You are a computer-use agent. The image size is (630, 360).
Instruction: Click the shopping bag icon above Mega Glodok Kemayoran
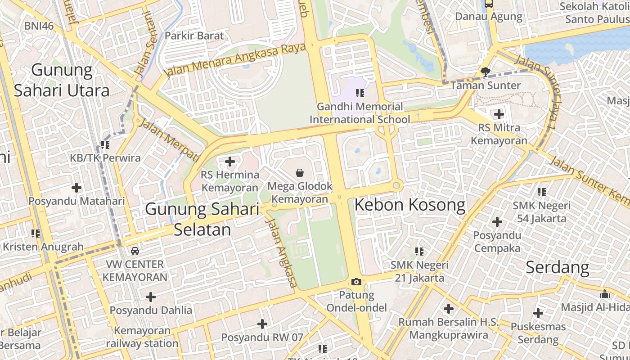(300, 172)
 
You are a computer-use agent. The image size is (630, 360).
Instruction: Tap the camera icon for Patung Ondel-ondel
(356, 282)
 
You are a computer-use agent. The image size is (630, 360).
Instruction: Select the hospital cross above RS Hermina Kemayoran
(230, 161)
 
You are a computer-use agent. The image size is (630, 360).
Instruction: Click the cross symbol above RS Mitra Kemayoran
(499, 114)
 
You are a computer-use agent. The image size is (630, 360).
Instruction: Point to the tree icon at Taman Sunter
(485, 72)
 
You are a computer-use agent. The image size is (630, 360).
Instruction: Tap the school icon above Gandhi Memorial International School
(360, 93)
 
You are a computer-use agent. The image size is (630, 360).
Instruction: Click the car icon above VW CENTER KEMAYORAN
(135, 251)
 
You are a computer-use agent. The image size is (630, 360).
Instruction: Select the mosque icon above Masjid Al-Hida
(605, 294)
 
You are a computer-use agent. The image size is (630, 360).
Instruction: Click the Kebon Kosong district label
(409, 205)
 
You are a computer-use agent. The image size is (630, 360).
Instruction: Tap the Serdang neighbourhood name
(557, 267)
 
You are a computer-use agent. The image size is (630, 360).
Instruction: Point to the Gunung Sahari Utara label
(62, 81)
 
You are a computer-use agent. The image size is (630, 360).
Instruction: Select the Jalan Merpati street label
(168, 139)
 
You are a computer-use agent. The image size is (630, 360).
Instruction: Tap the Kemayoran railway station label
(142, 337)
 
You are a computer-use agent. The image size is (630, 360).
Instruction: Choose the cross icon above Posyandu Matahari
(76, 187)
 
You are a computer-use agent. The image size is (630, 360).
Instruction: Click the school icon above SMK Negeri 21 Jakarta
(419, 251)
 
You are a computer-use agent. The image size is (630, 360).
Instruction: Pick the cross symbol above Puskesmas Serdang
(538, 313)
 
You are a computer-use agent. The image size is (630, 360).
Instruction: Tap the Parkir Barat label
(194, 36)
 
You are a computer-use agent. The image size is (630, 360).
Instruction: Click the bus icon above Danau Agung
(488, 4)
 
